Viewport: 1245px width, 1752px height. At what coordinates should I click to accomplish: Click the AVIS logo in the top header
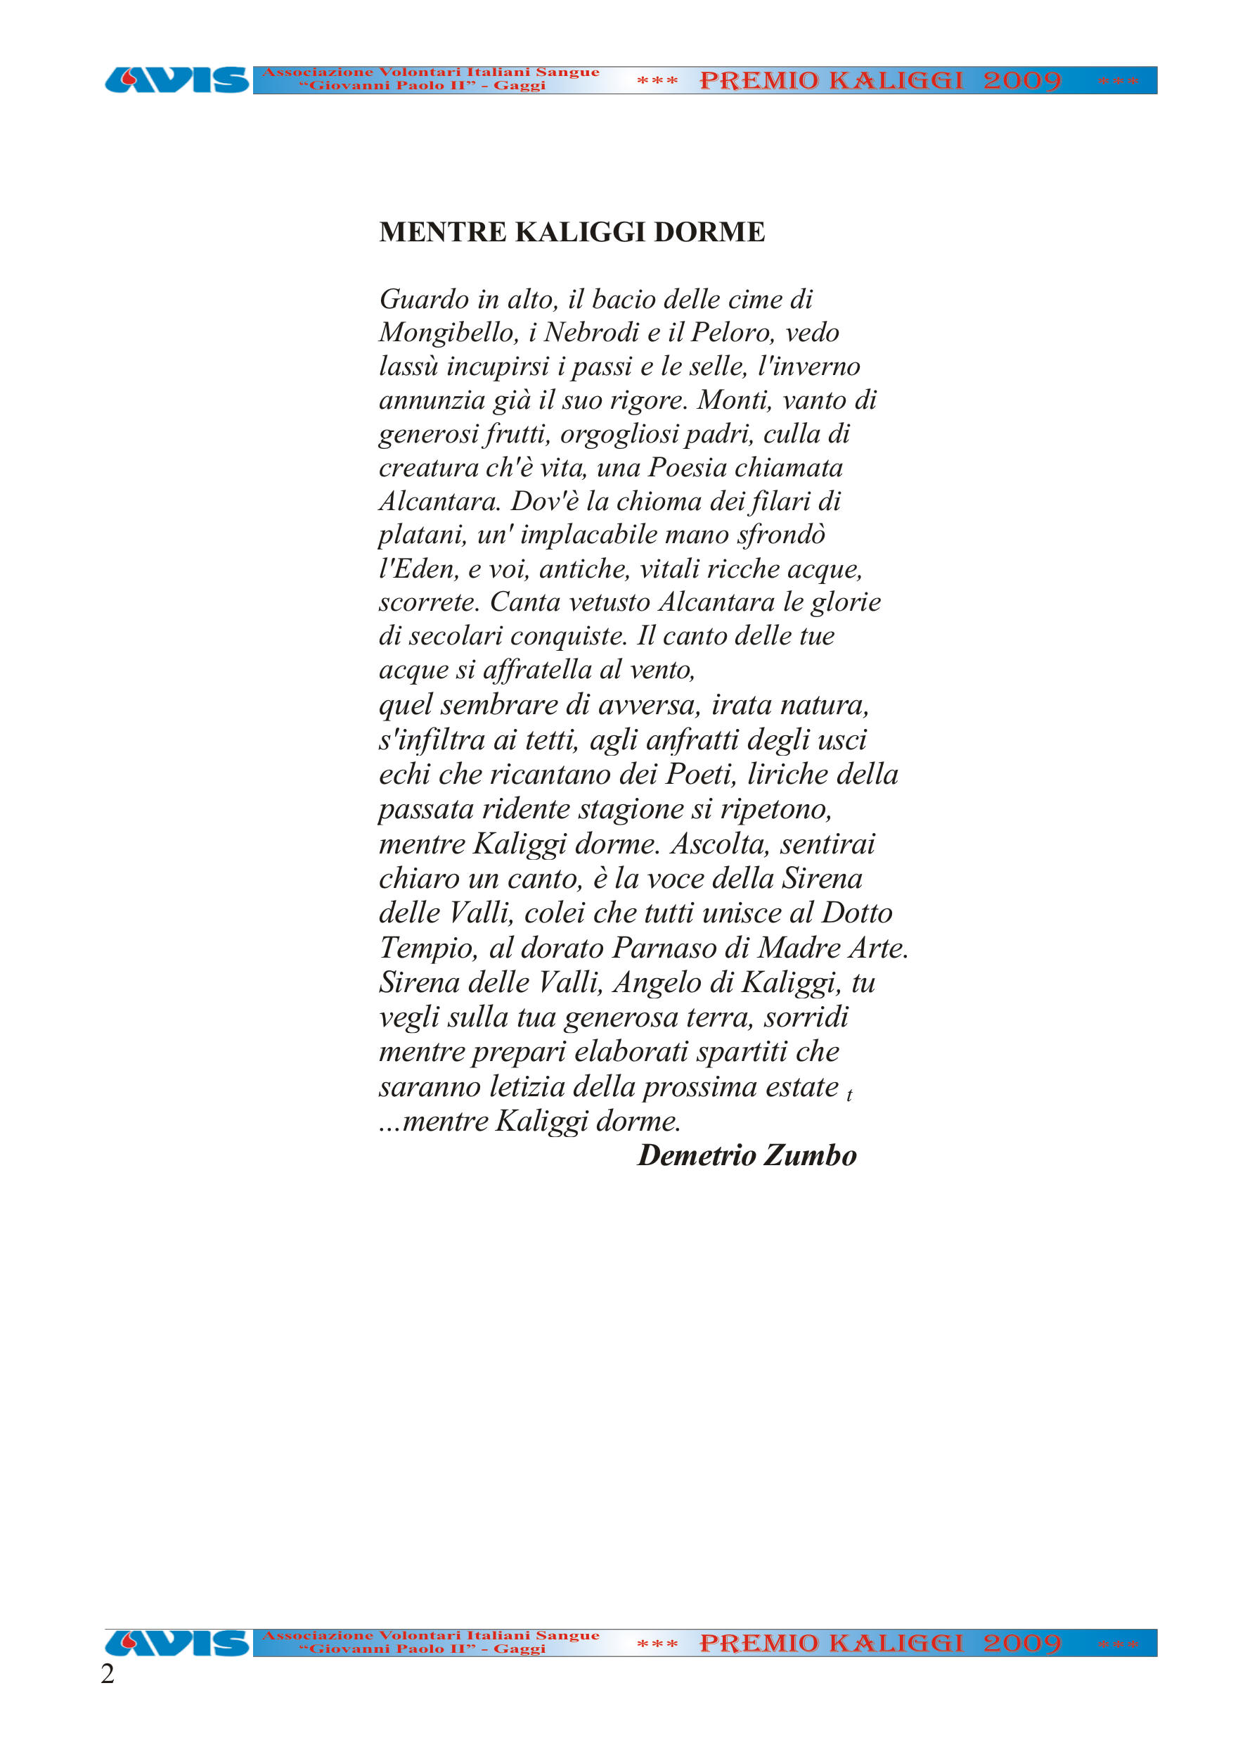point(177,80)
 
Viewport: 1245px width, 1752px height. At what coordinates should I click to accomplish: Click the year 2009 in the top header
point(1022,80)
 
